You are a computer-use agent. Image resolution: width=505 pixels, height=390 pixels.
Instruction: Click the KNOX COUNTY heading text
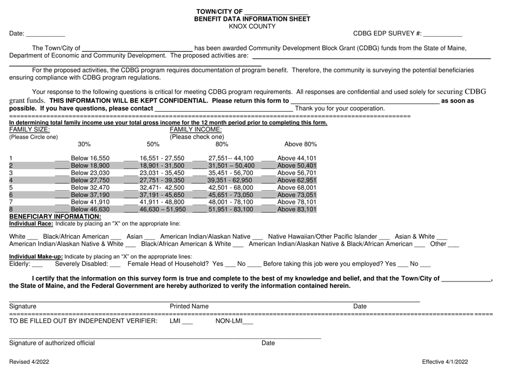pos(252,26)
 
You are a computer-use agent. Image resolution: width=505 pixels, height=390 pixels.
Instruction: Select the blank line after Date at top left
pos(45,35)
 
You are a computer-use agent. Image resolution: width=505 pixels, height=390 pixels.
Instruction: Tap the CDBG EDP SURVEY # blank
pos(442,35)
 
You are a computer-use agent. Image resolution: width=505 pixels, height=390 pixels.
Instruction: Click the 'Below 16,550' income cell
pos(90,158)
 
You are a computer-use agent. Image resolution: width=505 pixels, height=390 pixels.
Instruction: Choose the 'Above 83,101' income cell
pos(297,210)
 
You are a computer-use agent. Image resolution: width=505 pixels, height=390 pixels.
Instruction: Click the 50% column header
pos(153,144)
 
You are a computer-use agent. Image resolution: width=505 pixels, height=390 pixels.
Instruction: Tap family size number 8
pos(11,210)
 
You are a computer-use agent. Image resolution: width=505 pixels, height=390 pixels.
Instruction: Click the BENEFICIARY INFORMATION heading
pos(52,217)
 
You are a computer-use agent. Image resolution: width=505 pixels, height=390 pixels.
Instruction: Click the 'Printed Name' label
pos(189,306)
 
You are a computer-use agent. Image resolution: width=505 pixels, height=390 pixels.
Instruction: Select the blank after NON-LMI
pos(248,321)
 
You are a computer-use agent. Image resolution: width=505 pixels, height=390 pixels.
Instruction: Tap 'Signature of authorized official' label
pos(52,343)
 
